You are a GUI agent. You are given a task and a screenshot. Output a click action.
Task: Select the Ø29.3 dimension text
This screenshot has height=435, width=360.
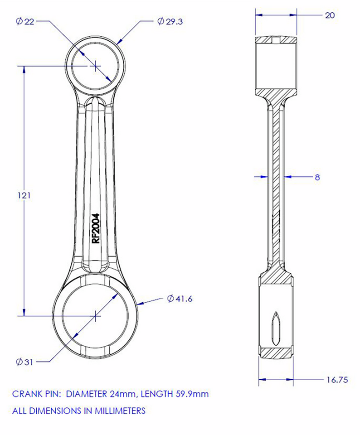point(170,21)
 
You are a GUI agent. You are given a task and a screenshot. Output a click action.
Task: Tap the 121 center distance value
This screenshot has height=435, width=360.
point(24,195)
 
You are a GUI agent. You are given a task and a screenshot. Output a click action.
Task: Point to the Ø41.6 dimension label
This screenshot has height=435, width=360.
point(180,299)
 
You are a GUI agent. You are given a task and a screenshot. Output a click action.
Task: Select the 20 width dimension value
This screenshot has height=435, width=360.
point(330,15)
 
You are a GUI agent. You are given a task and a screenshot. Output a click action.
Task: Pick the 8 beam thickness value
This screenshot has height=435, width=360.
point(317,177)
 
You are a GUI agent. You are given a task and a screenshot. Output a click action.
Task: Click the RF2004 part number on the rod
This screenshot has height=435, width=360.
point(96,229)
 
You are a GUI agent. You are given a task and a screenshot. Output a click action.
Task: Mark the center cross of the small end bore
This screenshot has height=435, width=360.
point(95,66)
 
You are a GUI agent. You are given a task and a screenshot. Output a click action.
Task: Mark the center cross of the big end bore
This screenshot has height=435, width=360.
point(96,315)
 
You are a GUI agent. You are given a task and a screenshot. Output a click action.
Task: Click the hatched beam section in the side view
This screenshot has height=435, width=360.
point(276,181)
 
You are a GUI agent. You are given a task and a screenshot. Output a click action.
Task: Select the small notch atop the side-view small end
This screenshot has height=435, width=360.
point(276,40)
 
